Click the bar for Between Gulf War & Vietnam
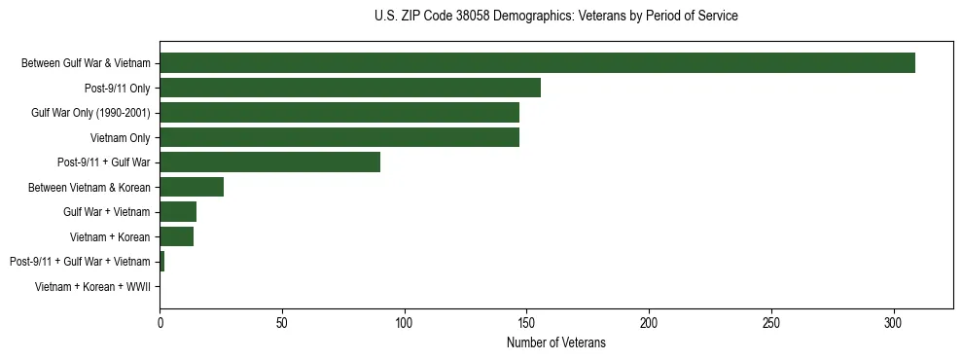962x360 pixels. pos(537,63)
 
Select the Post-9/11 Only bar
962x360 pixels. pos(350,88)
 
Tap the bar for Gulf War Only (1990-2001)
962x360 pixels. pos(339,113)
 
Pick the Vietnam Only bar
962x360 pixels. pos(339,137)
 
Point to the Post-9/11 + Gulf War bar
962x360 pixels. pos(269,162)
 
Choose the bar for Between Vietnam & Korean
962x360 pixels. pos(192,187)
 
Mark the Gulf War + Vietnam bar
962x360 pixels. pos(178,212)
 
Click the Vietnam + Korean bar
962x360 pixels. pos(176,236)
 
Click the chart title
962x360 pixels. pos(555,17)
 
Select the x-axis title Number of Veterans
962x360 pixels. pos(555,342)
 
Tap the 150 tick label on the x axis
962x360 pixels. pos(526,321)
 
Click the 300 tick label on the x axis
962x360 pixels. pos(894,321)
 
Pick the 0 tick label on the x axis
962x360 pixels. pos(160,321)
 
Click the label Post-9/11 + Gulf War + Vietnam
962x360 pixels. pos(80,262)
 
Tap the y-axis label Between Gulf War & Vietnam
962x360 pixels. pos(86,63)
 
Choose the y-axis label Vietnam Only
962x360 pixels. pos(120,137)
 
